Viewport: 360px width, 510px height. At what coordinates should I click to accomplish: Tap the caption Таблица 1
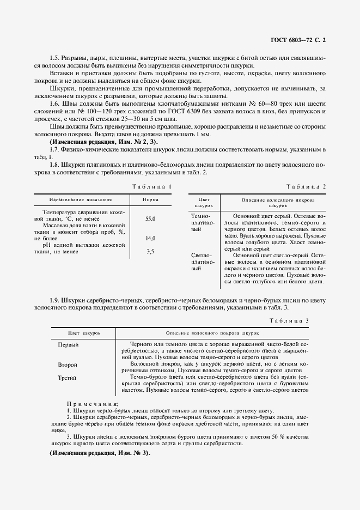click(151, 187)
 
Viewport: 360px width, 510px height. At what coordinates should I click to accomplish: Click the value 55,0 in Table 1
click(150, 218)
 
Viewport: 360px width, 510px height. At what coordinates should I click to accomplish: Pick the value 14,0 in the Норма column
click(150, 239)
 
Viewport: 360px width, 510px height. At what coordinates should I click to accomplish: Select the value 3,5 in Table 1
click(150, 251)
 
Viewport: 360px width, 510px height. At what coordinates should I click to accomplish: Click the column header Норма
click(150, 200)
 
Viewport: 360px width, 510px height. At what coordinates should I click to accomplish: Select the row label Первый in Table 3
click(69, 345)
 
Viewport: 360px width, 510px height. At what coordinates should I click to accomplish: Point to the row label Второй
click(68, 364)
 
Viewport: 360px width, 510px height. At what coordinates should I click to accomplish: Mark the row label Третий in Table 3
click(68, 377)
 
